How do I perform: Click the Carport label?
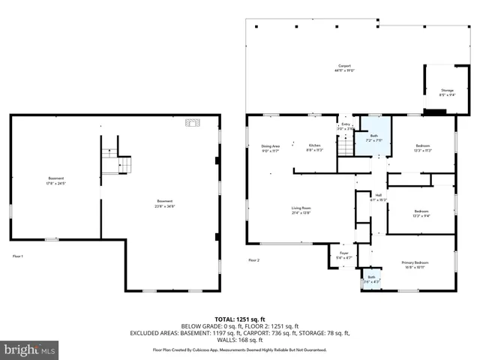click(343, 68)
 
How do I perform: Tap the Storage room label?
click(446, 92)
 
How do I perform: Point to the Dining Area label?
click(271, 148)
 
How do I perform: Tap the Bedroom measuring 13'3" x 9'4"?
click(421, 212)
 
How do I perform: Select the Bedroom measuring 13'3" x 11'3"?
click(421, 148)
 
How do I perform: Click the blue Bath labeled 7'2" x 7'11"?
click(373, 139)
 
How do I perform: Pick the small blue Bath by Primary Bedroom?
click(371, 280)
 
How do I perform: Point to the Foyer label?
click(343, 256)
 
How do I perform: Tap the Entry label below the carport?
click(346, 127)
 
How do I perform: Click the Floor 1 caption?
click(17, 257)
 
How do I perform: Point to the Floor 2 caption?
click(253, 260)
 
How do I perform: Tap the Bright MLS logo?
click(30, 349)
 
